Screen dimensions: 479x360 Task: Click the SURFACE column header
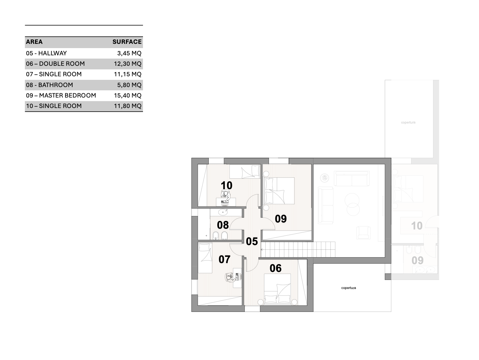pos(127,42)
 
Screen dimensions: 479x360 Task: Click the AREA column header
pos(34,42)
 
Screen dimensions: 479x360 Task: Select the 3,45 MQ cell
pos(129,53)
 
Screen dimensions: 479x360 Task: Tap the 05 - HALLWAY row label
pos(46,53)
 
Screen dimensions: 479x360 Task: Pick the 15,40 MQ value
pos(128,95)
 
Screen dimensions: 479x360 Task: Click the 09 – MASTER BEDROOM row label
pos(61,95)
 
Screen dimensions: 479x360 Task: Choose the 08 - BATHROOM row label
pos(49,85)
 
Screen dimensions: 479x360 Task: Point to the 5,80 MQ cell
pos(129,85)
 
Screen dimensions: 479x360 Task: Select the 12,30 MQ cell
pos(128,64)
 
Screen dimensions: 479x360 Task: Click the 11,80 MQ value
pos(128,106)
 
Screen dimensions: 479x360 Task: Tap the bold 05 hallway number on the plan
pos(252,242)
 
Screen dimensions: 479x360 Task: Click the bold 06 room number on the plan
pos(275,268)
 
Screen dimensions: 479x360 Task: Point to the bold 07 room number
pos(224,260)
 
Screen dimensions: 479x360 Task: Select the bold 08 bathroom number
pos(223,225)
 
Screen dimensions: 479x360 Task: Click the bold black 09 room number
pos(281,219)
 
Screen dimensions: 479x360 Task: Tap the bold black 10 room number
pos(226,186)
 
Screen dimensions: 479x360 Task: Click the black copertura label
pos(348,288)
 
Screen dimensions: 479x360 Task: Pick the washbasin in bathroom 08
pos(223,212)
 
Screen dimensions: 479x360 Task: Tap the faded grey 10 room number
pos(417,226)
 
